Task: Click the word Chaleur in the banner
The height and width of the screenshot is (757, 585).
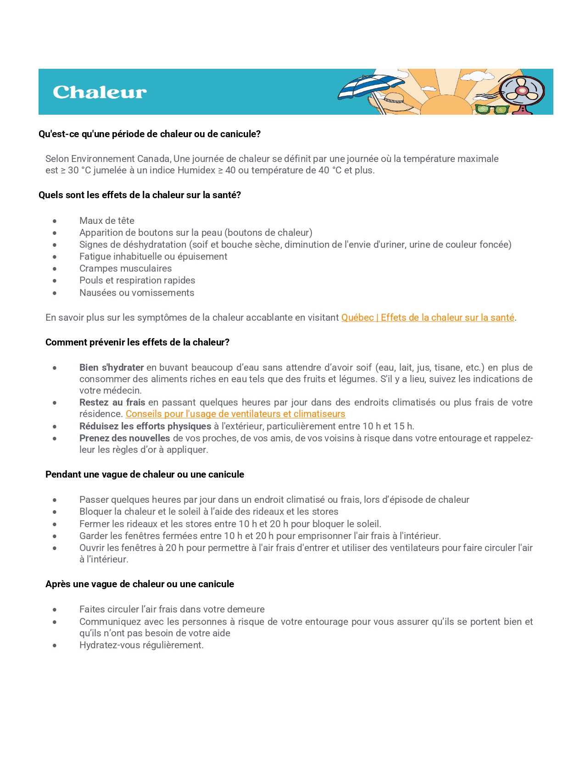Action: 100,92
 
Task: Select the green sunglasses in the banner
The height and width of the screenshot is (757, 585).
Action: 492,109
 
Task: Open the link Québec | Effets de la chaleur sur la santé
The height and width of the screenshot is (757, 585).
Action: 428,317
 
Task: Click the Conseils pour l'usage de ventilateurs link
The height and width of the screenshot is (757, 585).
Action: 235,414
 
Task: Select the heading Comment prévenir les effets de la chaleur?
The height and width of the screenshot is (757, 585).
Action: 137,342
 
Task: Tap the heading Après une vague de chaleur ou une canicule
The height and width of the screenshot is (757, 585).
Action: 139,584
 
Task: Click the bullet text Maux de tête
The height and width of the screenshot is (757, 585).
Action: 107,221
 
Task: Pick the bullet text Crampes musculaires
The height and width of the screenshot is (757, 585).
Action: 126,268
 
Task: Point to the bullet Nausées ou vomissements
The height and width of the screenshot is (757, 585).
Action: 137,293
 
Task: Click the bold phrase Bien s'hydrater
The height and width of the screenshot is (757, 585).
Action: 111,367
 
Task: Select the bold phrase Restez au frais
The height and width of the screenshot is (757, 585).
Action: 112,402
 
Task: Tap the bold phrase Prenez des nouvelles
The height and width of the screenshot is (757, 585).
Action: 125,438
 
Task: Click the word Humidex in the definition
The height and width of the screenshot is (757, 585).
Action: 196,170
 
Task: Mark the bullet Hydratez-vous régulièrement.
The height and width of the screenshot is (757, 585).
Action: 141,645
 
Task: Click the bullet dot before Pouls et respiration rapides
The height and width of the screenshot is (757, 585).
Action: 55,281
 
